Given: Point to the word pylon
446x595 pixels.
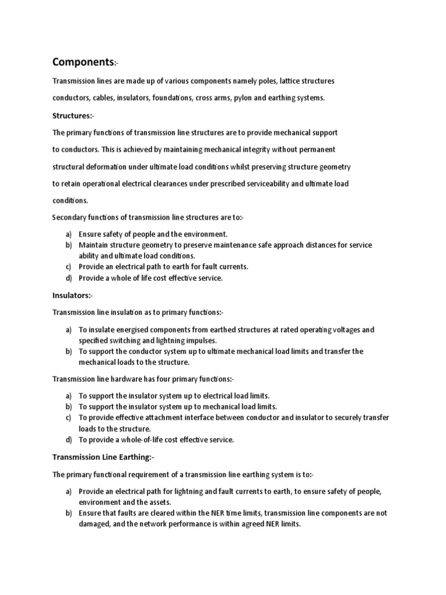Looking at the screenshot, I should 243,98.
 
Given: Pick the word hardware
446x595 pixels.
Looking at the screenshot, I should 122,379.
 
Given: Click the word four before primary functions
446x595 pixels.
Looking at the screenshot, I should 165,379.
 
